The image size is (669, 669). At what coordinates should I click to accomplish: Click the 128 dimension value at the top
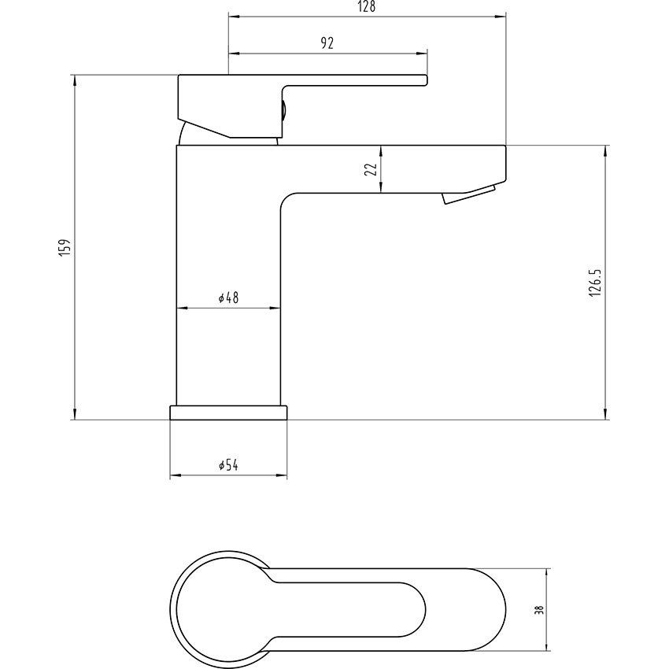coord(367,7)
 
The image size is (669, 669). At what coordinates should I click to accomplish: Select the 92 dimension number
coord(328,44)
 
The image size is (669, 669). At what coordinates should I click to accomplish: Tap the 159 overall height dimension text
coord(67,247)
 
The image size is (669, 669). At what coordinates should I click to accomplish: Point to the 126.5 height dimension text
coord(595,282)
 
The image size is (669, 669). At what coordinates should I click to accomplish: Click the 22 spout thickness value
coord(371,169)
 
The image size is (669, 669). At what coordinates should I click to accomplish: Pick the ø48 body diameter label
coord(227,298)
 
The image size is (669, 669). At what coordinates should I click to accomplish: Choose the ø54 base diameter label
coord(227,466)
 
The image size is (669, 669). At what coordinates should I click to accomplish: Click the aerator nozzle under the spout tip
coord(470,194)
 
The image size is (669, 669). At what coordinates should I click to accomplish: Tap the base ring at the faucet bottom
coord(228,412)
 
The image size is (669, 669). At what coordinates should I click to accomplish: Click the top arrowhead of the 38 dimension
coord(549,572)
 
